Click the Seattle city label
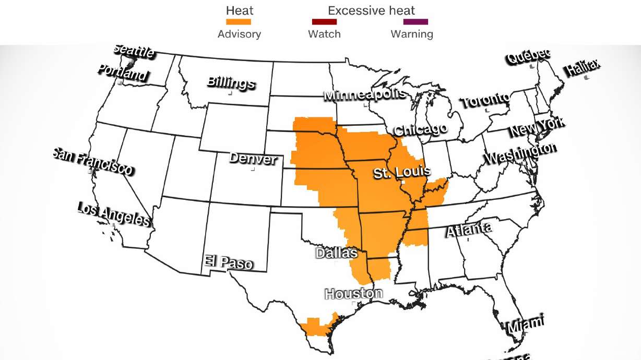click(x=134, y=51)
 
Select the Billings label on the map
click(x=231, y=82)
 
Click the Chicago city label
click(x=420, y=129)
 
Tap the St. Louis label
click(x=402, y=172)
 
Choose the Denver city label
click(x=253, y=158)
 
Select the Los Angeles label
click(x=114, y=214)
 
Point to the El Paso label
click(x=229, y=262)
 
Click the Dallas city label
click(x=337, y=253)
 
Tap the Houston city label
click(x=353, y=294)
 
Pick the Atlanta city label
click(x=468, y=230)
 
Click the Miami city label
click(x=526, y=324)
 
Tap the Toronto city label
click(x=485, y=100)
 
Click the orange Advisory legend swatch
click(x=239, y=22)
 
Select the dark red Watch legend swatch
click(x=324, y=22)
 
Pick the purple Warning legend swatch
click(x=416, y=22)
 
